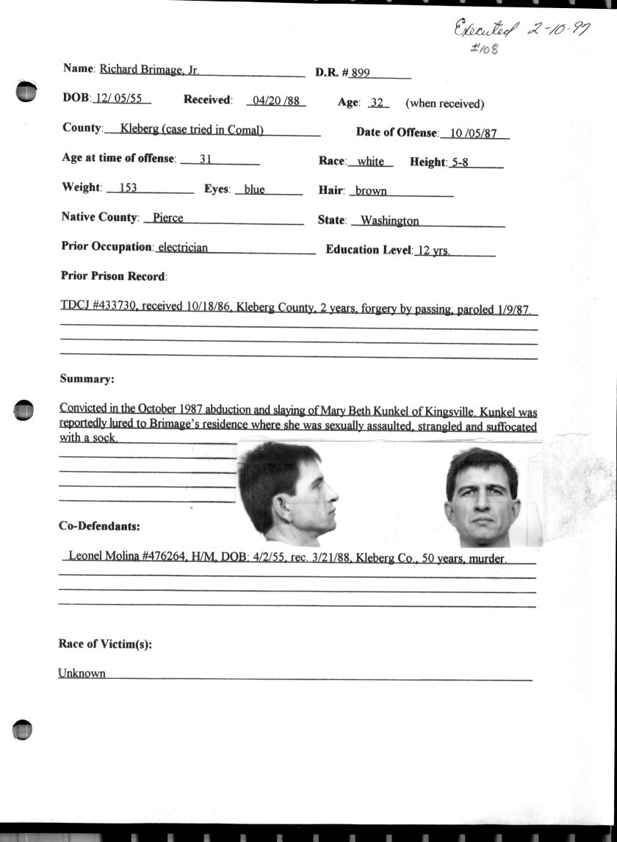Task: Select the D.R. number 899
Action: pyautogui.click(x=360, y=73)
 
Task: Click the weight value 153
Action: pyautogui.click(x=128, y=188)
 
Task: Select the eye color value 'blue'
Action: pyautogui.click(x=254, y=190)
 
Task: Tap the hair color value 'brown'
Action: pyautogui.click(x=371, y=191)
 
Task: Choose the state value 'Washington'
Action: pyautogui.click(x=389, y=220)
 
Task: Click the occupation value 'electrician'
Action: pyautogui.click(x=183, y=248)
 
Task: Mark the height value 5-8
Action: pyautogui.click(x=461, y=162)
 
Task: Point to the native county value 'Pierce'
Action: pyautogui.click(x=167, y=218)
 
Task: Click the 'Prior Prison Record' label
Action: pyautogui.click(x=114, y=276)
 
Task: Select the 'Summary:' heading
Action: pyautogui.click(x=86, y=380)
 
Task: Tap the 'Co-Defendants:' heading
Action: pyautogui.click(x=98, y=526)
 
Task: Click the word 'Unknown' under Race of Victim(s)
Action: pyautogui.click(x=82, y=673)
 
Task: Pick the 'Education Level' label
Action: pyautogui.click(x=368, y=250)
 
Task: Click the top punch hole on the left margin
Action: pyautogui.click(x=26, y=91)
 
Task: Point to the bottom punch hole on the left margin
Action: pyautogui.click(x=24, y=728)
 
